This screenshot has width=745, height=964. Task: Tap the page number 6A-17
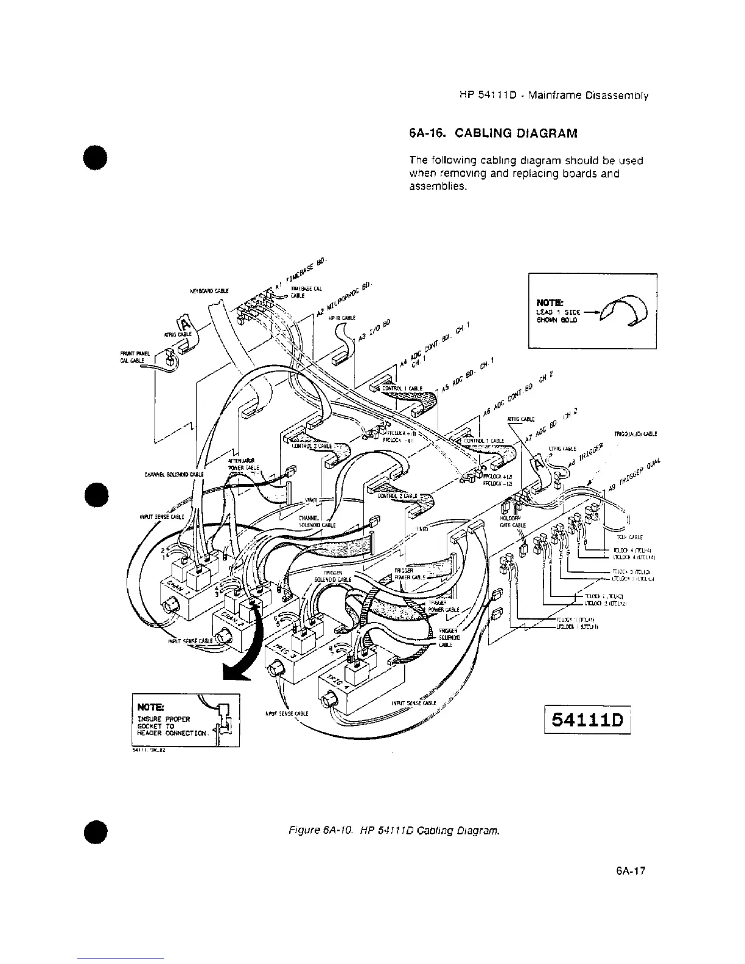click(x=631, y=871)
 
